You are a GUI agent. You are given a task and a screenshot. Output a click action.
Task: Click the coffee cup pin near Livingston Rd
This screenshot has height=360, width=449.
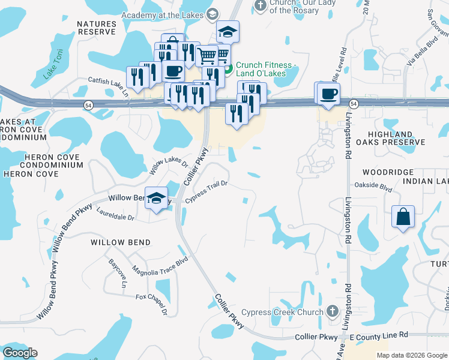click(328, 94)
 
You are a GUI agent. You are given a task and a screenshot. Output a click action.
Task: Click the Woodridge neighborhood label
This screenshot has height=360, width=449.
click(375, 172)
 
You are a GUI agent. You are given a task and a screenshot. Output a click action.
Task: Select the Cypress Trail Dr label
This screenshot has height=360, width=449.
click(206, 193)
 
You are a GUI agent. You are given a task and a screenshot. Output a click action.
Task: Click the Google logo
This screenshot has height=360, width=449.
click(20, 353)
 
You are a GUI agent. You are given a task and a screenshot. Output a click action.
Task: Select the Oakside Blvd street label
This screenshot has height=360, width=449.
click(374, 186)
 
